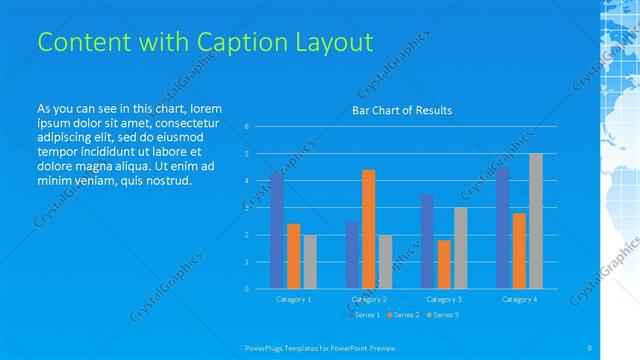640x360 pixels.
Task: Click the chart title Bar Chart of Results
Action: (x=402, y=110)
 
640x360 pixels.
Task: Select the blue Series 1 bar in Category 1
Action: (x=277, y=230)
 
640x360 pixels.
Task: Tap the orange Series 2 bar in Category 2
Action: (x=369, y=229)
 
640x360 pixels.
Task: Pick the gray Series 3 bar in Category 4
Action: (x=536, y=221)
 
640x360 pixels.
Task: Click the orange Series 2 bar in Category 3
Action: (x=444, y=264)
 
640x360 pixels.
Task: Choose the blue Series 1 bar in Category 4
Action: (x=503, y=227)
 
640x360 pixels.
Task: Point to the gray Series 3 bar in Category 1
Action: (x=310, y=261)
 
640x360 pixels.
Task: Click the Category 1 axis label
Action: (x=293, y=299)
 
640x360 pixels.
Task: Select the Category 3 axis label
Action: (x=444, y=299)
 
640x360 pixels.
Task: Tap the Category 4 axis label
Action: (x=519, y=299)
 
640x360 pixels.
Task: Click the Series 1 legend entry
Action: (x=364, y=315)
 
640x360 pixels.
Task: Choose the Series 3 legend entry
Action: (x=442, y=315)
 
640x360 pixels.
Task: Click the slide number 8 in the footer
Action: (x=590, y=346)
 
